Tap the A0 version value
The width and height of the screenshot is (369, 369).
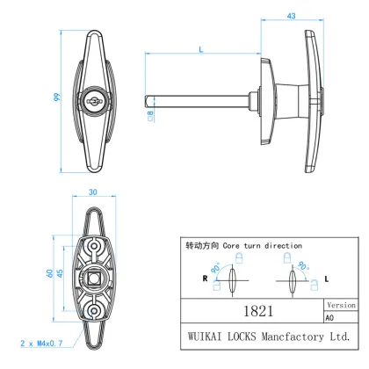click(330, 318)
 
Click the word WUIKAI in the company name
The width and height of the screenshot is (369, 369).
click(203, 336)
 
